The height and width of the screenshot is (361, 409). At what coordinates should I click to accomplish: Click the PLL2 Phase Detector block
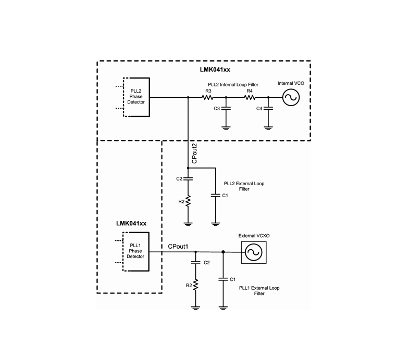pos(136,97)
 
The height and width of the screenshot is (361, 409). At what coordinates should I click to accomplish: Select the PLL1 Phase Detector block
pos(135,252)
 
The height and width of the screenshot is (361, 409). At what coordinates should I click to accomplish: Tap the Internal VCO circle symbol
pos(291,97)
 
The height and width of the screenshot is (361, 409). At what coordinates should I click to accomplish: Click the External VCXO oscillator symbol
pos(254,252)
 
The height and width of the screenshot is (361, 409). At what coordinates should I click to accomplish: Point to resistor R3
pos(208,97)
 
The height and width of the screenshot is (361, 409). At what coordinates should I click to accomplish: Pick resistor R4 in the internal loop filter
pos(250,97)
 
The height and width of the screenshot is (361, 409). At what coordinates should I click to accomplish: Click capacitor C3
pos(226,108)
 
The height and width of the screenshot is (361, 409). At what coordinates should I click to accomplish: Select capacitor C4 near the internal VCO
pos(268,108)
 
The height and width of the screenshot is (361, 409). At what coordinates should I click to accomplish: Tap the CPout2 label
pos(194,153)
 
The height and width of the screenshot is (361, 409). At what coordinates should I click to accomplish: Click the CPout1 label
pos(178,247)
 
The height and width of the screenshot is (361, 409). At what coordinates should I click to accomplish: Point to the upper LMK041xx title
pos(215,70)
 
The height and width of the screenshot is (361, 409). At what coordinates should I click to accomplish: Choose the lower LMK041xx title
pos(131,224)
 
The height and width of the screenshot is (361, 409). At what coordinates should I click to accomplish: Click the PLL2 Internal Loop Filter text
pos(233,85)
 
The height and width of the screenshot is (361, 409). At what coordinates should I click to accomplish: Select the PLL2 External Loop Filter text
pos(244,186)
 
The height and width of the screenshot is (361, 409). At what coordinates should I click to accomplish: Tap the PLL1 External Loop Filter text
pos(259,291)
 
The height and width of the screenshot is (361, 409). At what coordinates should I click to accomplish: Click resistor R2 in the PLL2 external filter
pos(188,201)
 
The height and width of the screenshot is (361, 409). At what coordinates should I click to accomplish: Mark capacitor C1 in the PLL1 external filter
pos(223,279)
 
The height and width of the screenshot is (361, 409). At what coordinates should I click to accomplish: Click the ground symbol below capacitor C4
pos(268,128)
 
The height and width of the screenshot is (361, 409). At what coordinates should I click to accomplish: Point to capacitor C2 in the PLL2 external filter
pos(188,178)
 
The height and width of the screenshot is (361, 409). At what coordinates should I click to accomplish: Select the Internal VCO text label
pos(291,83)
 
